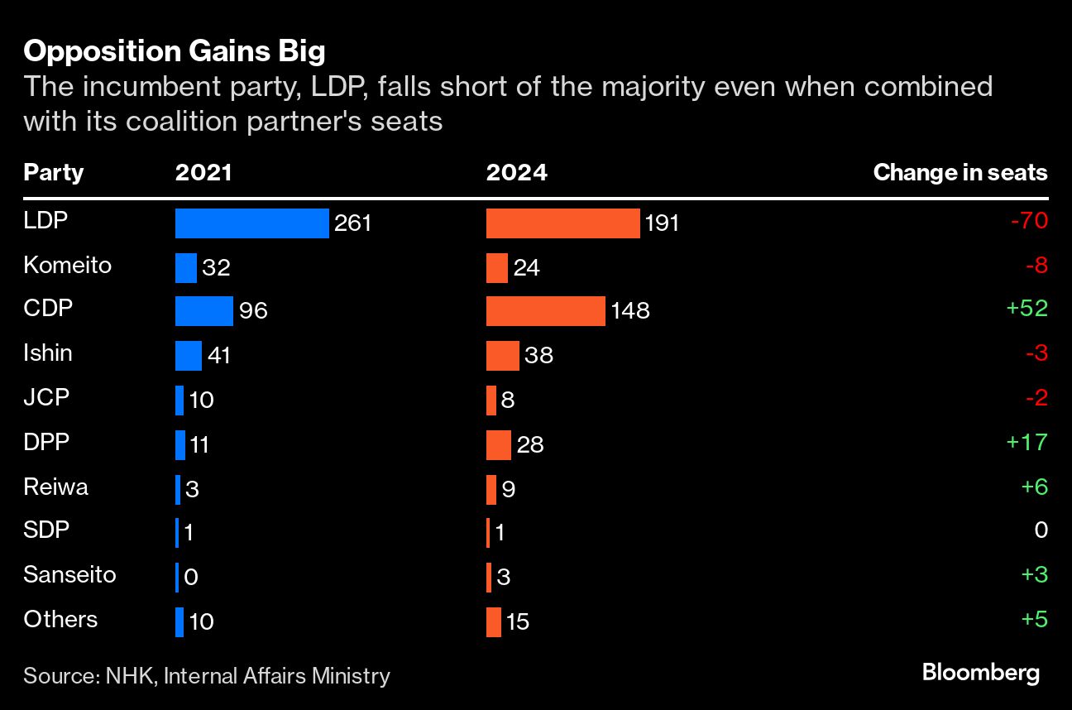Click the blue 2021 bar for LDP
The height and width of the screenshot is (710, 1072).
click(252, 223)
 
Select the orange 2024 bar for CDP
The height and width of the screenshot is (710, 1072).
click(546, 311)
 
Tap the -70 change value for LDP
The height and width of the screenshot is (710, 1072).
click(1029, 221)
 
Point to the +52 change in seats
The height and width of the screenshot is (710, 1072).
click(1027, 309)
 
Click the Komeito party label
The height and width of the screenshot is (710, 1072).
click(68, 265)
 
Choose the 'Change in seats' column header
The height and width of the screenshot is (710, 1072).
click(960, 172)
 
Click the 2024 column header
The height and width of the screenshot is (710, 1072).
click(516, 172)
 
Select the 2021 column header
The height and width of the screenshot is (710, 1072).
click(203, 172)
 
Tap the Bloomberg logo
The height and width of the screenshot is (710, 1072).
click(980, 673)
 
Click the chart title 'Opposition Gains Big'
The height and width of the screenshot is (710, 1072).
click(175, 52)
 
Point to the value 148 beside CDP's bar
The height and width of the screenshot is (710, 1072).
click(630, 311)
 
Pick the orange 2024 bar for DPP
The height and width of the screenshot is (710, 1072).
click(499, 444)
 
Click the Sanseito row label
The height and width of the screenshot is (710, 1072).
click(70, 574)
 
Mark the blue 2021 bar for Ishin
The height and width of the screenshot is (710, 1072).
click(189, 356)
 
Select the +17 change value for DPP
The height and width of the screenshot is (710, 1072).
click(1027, 442)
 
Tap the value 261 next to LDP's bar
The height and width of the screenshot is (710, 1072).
click(353, 223)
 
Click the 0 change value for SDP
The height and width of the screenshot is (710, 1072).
click(1041, 530)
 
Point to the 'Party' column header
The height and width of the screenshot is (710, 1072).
click(54, 172)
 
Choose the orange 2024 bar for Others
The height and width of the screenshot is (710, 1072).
click(494, 621)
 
